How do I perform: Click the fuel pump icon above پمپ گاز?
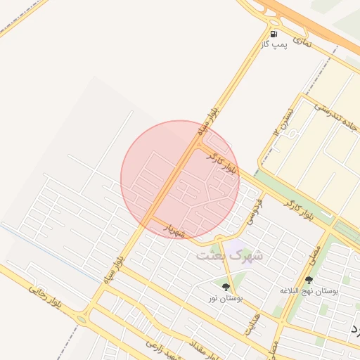coord(273,33)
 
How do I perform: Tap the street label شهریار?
coord(174,229)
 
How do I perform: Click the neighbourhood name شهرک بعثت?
coord(229,255)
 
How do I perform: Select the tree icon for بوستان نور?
coord(226,287)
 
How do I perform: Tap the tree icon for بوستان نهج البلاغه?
coord(309,280)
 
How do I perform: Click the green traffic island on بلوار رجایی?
coord(81,319)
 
